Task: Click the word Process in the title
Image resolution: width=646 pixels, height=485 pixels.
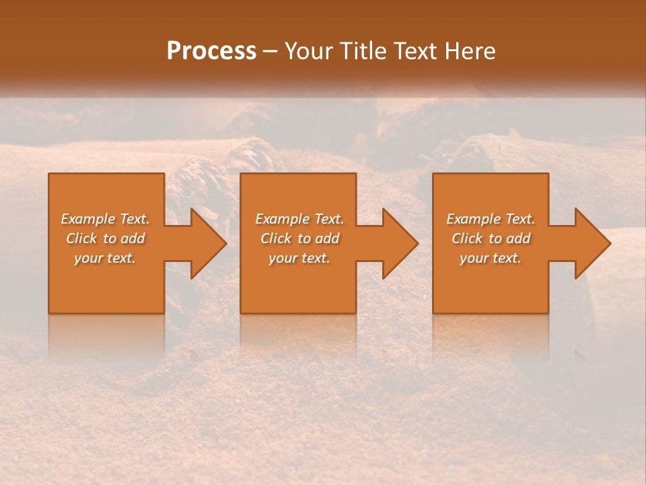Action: click(211, 51)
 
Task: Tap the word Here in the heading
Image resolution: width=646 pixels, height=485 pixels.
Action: click(469, 51)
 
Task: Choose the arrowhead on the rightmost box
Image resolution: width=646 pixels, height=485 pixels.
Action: click(591, 243)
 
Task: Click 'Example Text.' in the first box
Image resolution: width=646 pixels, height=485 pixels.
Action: click(106, 219)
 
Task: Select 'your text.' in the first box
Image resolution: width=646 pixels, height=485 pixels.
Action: click(106, 258)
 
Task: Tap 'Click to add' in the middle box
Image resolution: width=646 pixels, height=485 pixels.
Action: click(299, 238)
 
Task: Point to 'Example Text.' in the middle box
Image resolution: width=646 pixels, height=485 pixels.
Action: click(299, 219)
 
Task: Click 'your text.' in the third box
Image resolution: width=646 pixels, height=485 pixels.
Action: click(491, 258)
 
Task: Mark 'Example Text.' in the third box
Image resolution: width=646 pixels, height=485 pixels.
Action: click(491, 219)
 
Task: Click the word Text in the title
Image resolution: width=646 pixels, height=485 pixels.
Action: click(411, 51)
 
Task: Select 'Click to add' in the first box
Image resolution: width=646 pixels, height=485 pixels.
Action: click(106, 238)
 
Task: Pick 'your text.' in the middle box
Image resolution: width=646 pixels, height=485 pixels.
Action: click(299, 258)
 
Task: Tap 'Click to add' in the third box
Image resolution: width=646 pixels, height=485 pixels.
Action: click(491, 238)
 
